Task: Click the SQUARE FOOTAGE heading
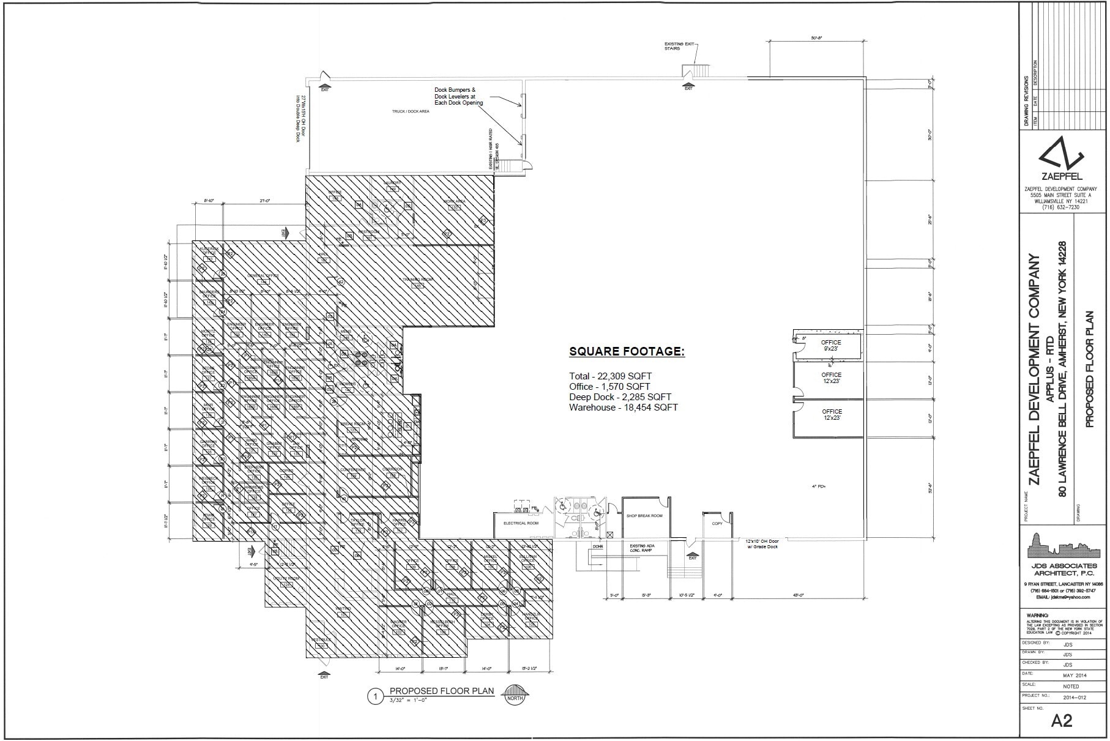[x=627, y=351]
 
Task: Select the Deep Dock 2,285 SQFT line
[x=620, y=397]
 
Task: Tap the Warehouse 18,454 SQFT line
[x=623, y=408]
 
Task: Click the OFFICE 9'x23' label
[x=831, y=345]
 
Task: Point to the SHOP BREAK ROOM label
[x=644, y=516]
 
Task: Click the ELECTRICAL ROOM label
[x=521, y=524]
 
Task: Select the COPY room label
[x=717, y=524]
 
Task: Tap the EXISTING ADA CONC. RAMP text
[x=641, y=548]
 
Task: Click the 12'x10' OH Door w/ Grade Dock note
[x=762, y=543]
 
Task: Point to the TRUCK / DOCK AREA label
[x=411, y=111]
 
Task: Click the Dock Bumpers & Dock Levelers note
[x=458, y=96]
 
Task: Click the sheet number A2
[x=1062, y=721]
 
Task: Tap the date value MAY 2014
[x=1075, y=675]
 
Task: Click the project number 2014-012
[x=1075, y=696]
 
